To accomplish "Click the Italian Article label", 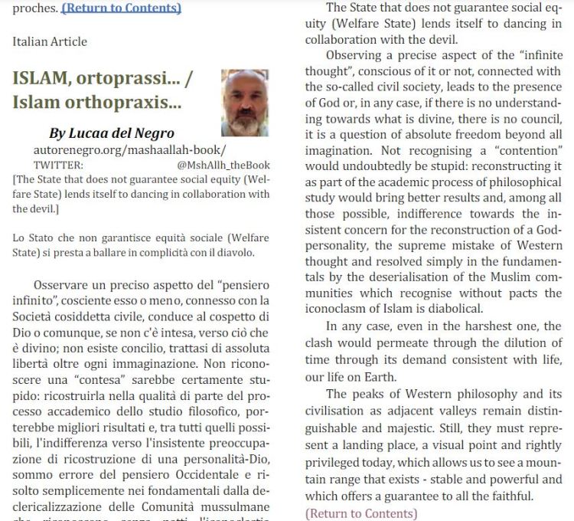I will tap(50, 41).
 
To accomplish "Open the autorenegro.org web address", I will tap(129, 150).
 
